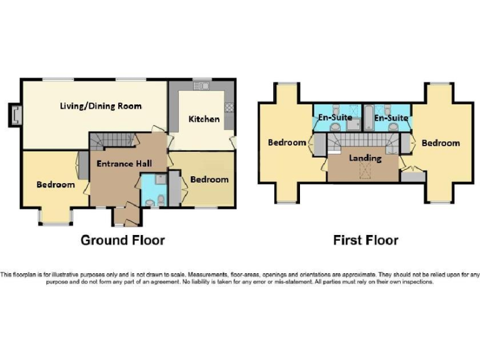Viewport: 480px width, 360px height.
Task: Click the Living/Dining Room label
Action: coord(100,106)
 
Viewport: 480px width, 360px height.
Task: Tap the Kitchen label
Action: coord(204,119)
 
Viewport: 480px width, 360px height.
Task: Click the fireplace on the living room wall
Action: coord(16,114)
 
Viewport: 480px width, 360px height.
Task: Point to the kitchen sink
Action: coord(202,86)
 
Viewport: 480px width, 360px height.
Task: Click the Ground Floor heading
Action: coord(122,240)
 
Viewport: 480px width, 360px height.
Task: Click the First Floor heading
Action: coord(366,240)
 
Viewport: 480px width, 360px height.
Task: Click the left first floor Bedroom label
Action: coord(287,142)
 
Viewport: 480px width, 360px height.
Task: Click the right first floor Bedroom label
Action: coord(441,143)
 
